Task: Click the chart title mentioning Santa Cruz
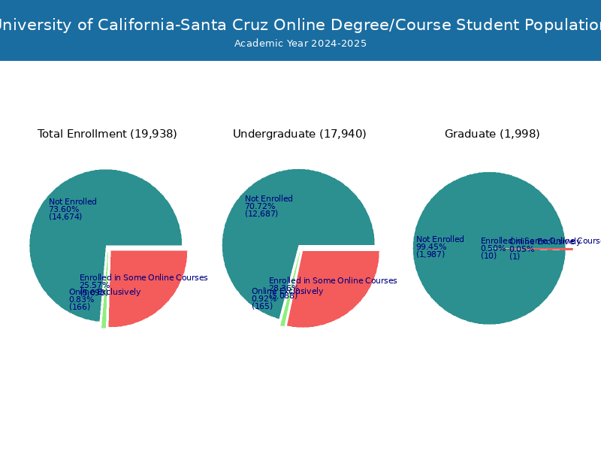click(x=300, y=25)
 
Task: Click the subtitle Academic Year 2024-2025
click(x=300, y=44)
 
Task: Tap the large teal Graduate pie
click(x=488, y=286)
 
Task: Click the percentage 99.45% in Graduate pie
click(x=431, y=247)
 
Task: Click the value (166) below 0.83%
click(x=80, y=307)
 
